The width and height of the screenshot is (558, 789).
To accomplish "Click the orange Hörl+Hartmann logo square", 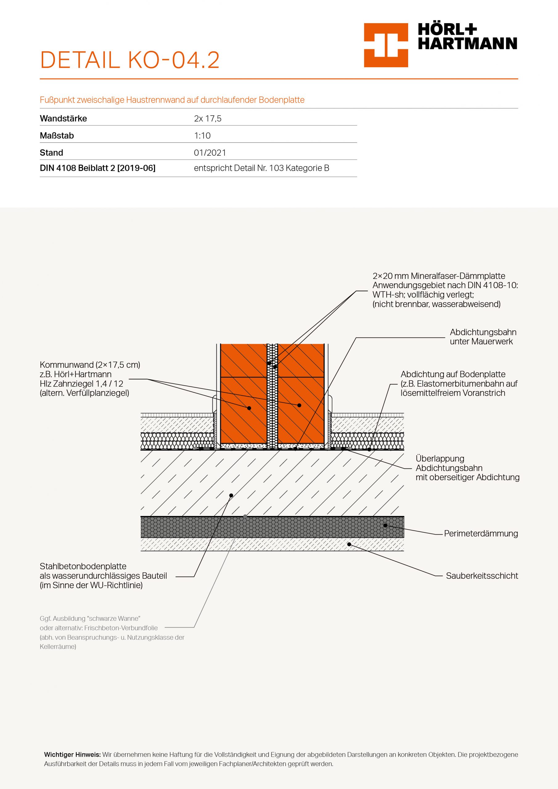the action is coord(386,45).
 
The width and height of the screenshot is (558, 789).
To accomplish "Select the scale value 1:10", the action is coord(202,136).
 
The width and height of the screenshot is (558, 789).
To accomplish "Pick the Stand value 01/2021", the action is coord(210,153).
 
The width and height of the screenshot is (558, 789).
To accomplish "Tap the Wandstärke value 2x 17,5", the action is coord(208,119).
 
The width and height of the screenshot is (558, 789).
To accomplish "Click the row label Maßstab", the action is coord(57,136).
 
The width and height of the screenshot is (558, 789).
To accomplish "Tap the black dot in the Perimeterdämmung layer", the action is coord(385,525).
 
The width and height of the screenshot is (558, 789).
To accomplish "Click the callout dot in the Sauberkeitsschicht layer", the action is coord(349,544).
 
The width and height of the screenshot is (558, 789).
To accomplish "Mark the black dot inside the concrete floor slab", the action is coord(231,496).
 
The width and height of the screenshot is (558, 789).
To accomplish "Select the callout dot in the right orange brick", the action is coord(299,406).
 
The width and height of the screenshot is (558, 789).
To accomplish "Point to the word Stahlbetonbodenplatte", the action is coord(83,566).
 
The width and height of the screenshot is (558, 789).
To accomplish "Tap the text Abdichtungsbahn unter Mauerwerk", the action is coord(483,337).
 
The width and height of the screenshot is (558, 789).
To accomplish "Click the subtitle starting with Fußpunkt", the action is coord(172,100).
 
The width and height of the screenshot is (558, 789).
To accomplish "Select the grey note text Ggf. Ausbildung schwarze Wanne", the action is coord(90,619).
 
